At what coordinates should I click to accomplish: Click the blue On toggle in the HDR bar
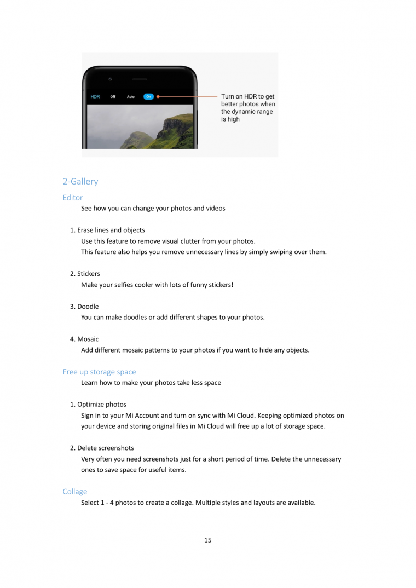point(148,97)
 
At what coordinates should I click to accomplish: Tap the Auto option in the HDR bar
point(131,97)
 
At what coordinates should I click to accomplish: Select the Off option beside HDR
point(113,97)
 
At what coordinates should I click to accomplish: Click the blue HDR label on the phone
point(95,97)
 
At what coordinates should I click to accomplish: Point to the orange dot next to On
point(158,97)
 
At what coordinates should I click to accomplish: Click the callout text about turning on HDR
point(248,108)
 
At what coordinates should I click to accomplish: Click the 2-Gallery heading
point(80,181)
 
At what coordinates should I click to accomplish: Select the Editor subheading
point(73,198)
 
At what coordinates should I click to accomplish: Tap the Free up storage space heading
point(99,372)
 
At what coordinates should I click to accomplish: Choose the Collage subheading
point(75,492)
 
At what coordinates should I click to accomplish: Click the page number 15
point(208,540)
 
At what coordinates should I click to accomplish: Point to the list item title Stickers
point(88,274)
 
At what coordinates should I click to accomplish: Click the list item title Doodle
point(88,307)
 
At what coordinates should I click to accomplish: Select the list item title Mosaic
point(88,339)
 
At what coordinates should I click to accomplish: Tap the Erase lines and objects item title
point(111,230)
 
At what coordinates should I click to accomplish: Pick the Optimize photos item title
point(101,405)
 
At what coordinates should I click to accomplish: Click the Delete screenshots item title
point(105,448)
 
